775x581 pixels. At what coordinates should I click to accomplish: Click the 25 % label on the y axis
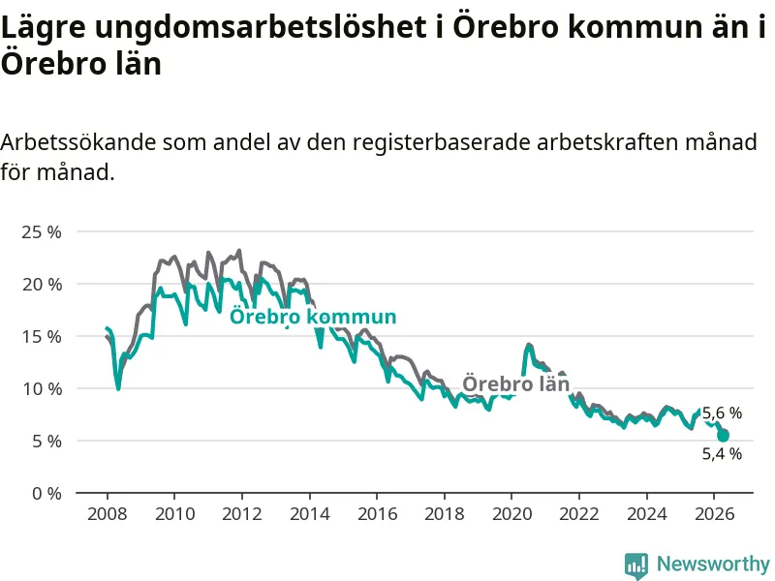(41, 231)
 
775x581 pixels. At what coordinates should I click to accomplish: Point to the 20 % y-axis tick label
(42, 284)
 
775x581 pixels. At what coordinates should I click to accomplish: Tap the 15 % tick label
(42, 336)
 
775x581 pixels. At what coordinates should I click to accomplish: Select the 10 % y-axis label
(42, 389)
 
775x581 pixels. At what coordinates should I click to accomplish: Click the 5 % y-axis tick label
(46, 441)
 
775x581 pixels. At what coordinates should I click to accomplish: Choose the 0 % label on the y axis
(46, 493)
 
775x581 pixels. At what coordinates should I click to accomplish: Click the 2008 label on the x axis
(107, 514)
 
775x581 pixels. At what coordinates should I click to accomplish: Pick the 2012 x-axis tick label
(241, 514)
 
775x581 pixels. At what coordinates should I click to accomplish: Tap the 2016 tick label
(377, 514)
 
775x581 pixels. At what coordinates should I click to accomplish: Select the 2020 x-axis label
(512, 514)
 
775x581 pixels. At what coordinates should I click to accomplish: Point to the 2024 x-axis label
(646, 514)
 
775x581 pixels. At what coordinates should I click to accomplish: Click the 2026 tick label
(714, 514)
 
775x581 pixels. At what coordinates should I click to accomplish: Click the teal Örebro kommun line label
(313, 317)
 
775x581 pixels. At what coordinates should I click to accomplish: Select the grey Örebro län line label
(515, 383)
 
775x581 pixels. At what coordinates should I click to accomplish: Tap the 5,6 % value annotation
(722, 413)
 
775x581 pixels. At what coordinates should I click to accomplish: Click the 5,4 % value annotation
(722, 453)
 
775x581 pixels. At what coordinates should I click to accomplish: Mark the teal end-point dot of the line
(723, 436)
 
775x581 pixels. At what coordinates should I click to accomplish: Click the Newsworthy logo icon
(636, 566)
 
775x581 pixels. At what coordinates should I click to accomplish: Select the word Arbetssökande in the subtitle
(78, 142)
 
